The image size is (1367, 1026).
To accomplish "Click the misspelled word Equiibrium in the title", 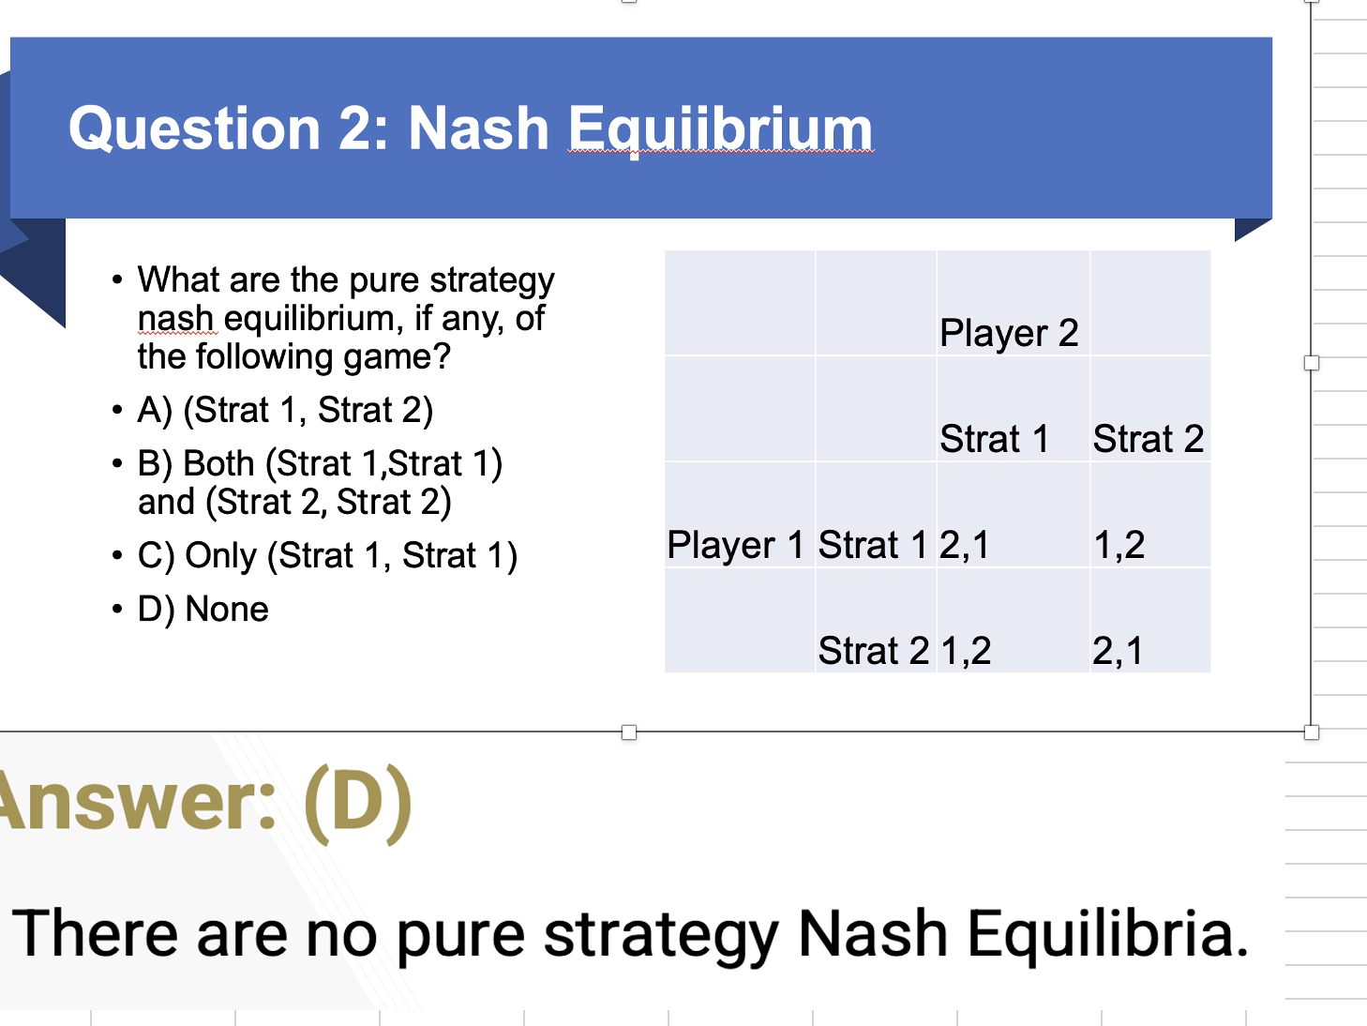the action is click(721, 129).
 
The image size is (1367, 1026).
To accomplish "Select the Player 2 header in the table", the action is click(1009, 333).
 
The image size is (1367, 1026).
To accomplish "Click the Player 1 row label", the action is click(735, 545).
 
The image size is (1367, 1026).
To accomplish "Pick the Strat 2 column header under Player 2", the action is click(1148, 439).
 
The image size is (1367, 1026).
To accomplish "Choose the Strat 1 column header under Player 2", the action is click(995, 439).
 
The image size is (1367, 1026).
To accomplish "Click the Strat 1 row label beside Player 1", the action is click(873, 545).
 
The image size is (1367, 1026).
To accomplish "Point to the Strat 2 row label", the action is click(873, 651).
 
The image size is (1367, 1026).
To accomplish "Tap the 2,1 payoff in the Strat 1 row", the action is click(964, 546).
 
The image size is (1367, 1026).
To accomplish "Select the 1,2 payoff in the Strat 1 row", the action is click(1119, 546).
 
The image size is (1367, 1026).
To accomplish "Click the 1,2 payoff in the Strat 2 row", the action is click(966, 652).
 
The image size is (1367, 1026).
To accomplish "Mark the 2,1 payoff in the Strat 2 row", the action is click(1118, 652).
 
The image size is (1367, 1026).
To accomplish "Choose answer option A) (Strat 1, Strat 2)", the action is click(285, 411).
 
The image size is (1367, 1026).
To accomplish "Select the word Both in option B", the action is click(219, 463).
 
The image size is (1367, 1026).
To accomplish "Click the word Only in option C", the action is click(221, 556).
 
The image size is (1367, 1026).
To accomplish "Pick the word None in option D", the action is click(227, 609).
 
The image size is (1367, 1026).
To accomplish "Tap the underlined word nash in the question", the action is click(176, 319).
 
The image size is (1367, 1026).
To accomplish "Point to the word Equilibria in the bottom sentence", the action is click(1107, 934).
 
